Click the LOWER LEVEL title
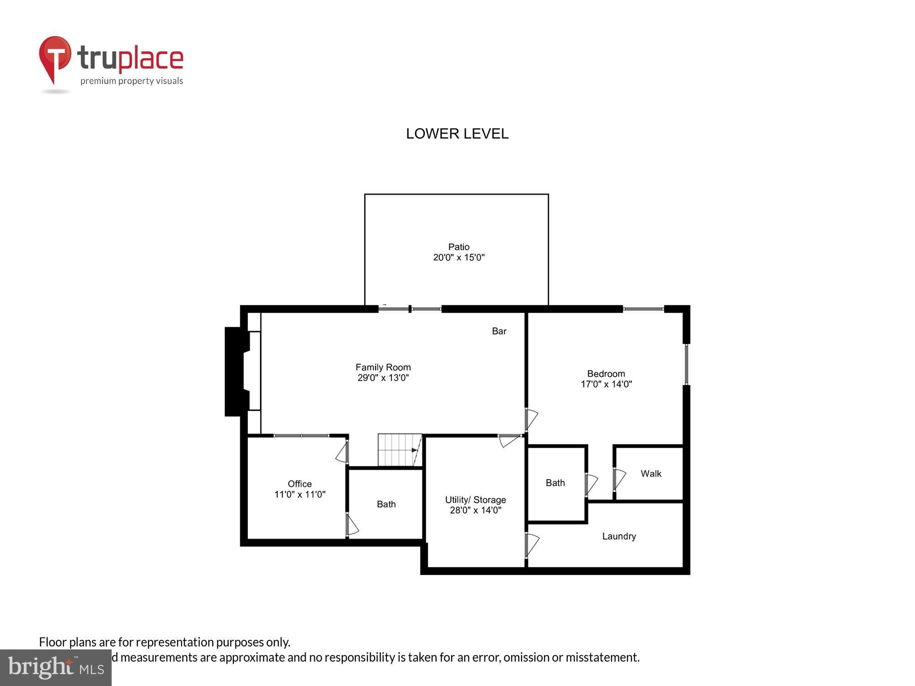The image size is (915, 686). pyautogui.click(x=457, y=134)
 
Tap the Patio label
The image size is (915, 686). pyautogui.click(x=458, y=247)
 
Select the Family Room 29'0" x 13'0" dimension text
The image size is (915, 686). pyautogui.click(x=383, y=378)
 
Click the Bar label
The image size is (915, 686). pyautogui.click(x=499, y=331)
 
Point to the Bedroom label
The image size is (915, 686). pyautogui.click(x=606, y=374)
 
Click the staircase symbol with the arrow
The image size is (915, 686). pyautogui.click(x=399, y=450)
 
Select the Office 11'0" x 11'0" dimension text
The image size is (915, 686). pyautogui.click(x=300, y=494)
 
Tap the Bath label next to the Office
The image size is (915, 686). pyautogui.click(x=386, y=504)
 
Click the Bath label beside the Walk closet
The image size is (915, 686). pyautogui.click(x=555, y=483)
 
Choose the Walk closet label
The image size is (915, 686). pyautogui.click(x=651, y=474)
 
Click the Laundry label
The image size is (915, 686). pyautogui.click(x=619, y=536)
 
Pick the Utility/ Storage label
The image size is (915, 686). pyautogui.click(x=475, y=500)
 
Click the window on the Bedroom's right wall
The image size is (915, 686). pyautogui.click(x=686, y=364)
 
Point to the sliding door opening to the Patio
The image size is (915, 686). pyautogui.click(x=410, y=309)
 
